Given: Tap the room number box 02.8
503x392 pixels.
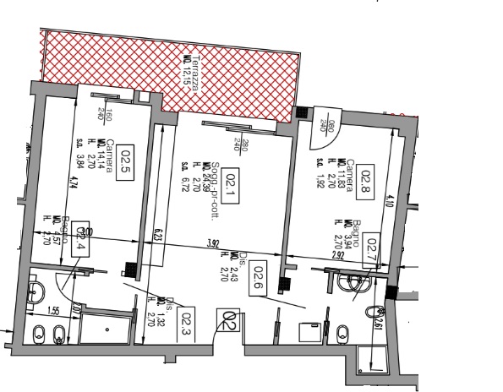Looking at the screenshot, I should pos(368,178).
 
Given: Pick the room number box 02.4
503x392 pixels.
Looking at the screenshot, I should pos(82,239).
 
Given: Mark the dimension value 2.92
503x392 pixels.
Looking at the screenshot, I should pos(338,253).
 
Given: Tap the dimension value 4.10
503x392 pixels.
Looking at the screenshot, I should pos(389,202).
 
